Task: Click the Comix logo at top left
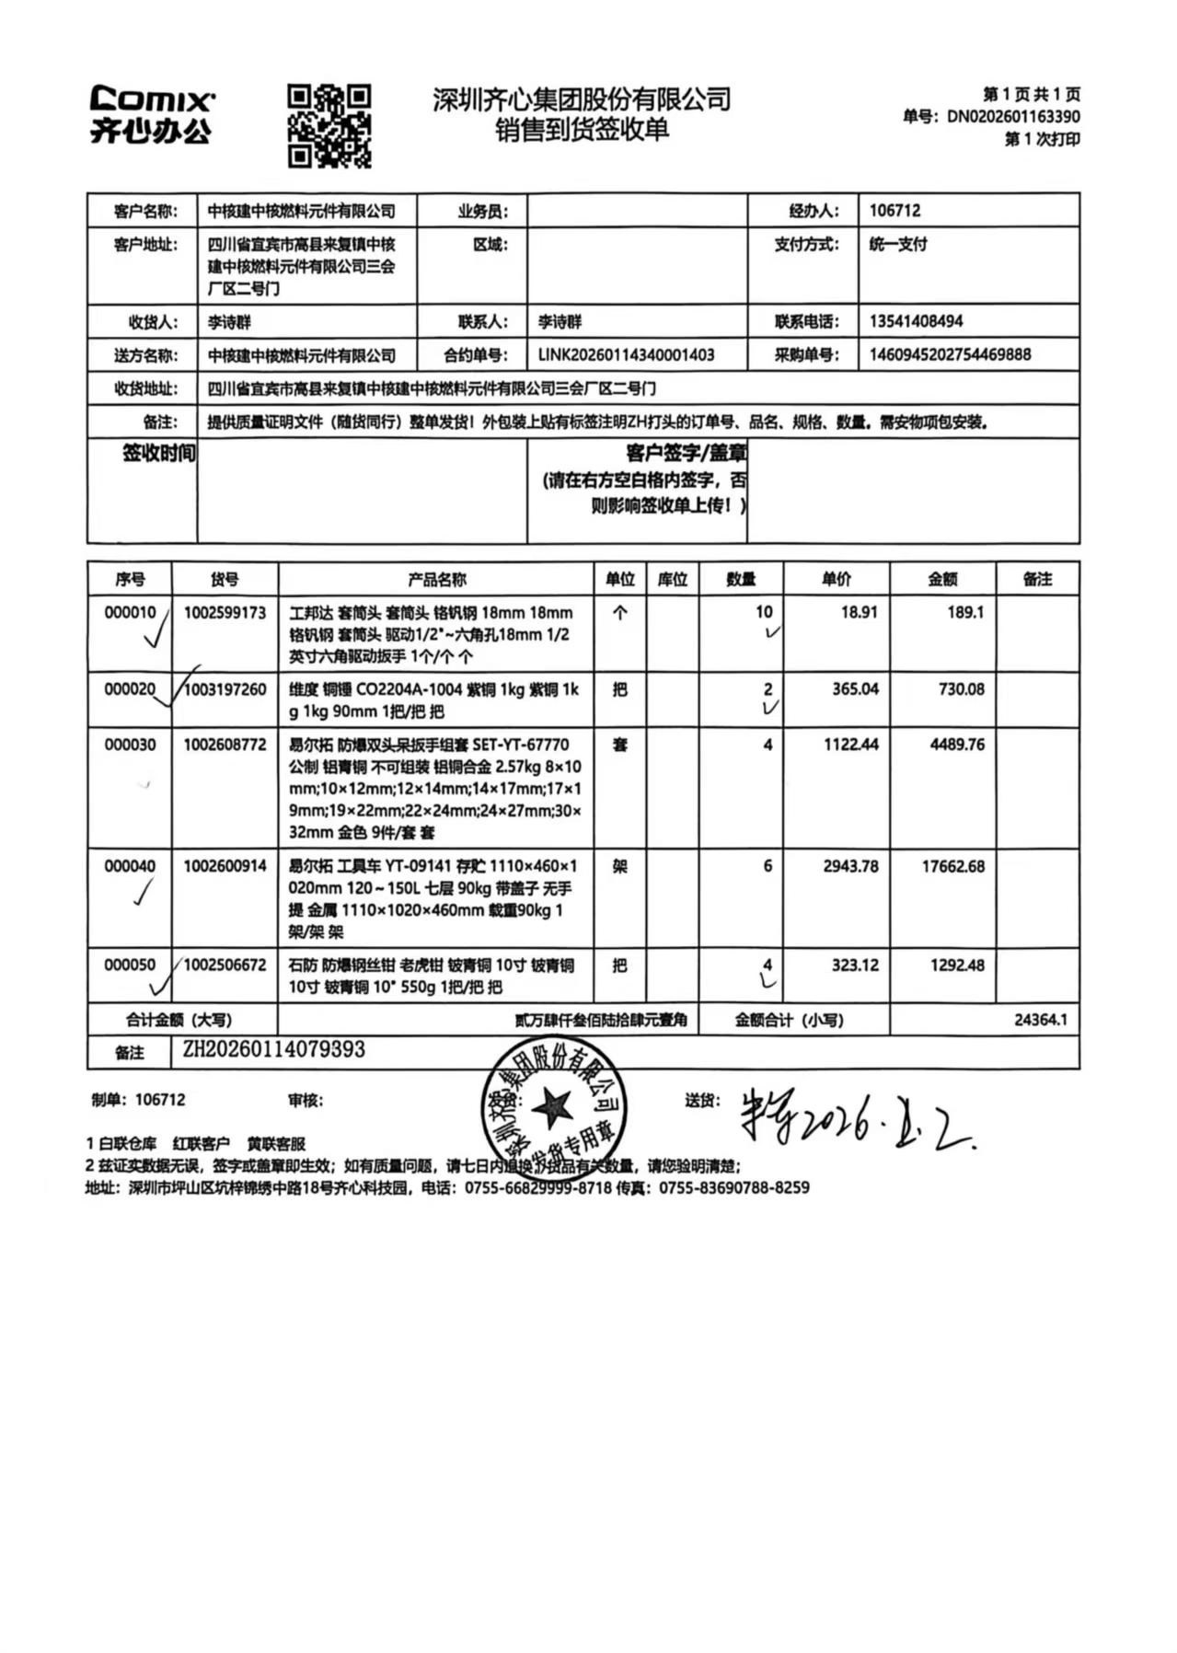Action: click(x=152, y=114)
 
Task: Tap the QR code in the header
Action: click(x=329, y=126)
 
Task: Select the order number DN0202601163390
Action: click(x=1012, y=117)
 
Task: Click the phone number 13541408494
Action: click(x=916, y=321)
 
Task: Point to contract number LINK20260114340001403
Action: click(x=626, y=354)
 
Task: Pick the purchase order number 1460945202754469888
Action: click(x=950, y=354)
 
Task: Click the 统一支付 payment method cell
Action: click(x=898, y=245)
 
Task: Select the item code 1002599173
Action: click(x=225, y=612)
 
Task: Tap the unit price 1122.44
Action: click(x=850, y=744)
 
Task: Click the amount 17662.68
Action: click(x=952, y=866)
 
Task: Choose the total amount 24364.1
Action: click(x=1040, y=1020)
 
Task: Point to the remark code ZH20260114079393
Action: click(x=273, y=1050)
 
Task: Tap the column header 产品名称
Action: click(x=436, y=579)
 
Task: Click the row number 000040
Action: click(x=130, y=866)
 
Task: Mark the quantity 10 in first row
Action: click(x=764, y=612)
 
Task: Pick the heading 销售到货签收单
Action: click(x=582, y=130)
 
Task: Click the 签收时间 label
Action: click(x=158, y=453)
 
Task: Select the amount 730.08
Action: click(x=961, y=688)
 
